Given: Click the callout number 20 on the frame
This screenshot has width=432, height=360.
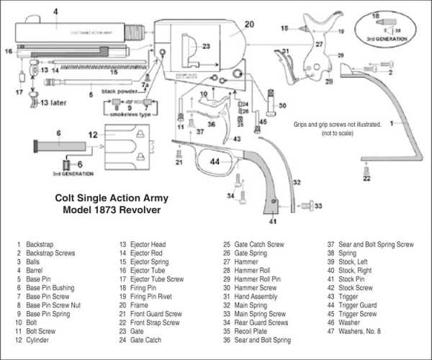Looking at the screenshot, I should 249,24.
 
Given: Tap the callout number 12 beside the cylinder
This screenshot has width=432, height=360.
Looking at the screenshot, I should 93,135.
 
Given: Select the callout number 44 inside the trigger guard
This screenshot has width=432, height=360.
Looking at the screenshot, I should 215,163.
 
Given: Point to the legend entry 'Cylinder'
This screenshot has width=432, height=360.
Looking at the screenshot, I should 37,338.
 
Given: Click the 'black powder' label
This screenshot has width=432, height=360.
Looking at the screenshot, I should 119,91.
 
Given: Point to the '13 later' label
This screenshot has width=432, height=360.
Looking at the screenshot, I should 51,102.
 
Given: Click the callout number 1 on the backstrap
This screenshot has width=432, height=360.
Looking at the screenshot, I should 391,123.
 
